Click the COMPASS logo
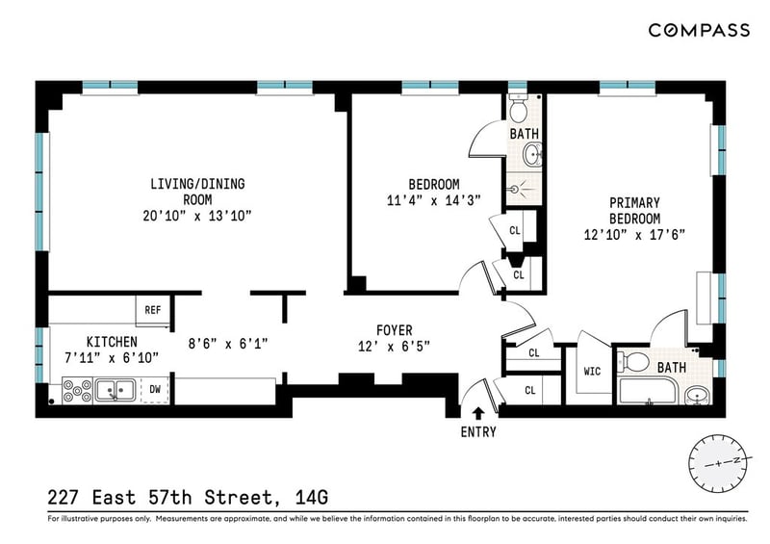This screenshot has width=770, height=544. pos(699,31)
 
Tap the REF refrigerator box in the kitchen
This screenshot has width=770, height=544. pos(153,310)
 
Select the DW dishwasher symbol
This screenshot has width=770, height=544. pos(155,390)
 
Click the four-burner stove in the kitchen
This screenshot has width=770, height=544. pos(78,391)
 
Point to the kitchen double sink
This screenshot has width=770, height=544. pos(115,391)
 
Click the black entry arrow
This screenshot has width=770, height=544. pos(478,413)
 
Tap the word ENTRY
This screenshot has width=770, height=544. pos(478,432)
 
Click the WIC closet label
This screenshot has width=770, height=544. pos(592,371)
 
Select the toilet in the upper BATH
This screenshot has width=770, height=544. pos(518,108)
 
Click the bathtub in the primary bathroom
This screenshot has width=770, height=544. pos(648,392)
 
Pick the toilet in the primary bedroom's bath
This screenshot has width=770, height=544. pos(633,363)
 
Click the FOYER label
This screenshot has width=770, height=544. pos(395,330)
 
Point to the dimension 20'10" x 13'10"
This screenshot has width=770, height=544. pos(197,216)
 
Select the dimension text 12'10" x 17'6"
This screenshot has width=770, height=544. pos(634,234)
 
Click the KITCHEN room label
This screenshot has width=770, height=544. pos(112,342)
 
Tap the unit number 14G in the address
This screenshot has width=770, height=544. pos(311,498)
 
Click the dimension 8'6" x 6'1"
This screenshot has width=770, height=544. pos(228,343)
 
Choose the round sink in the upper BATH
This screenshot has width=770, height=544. pos(532,155)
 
